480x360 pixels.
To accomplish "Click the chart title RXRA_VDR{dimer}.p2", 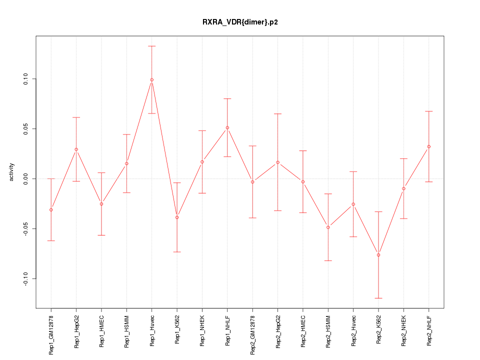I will (x=240, y=22).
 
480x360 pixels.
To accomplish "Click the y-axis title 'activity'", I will (x=12, y=172).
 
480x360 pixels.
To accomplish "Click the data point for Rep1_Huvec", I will (x=151, y=79).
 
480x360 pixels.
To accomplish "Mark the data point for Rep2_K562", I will (x=378, y=255).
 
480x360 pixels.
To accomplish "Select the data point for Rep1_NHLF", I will (x=227, y=127).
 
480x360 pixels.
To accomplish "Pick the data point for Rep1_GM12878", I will (x=51, y=209).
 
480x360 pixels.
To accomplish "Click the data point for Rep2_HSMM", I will (x=328, y=227).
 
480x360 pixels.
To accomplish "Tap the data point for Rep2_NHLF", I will (x=429, y=146).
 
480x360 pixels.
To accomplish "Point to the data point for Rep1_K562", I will (x=177, y=217).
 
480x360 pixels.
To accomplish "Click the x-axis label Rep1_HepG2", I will (x=76, y=331).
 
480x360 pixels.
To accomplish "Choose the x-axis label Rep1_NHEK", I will (x=202, y=331).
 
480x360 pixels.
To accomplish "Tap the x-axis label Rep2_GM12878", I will (x=253, y=334).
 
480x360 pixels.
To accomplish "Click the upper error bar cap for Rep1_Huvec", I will (x=151, y=46).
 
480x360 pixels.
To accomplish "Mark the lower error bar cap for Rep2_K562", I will (x=378, y=298).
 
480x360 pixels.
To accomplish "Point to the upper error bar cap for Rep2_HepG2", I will (x=278, y=114).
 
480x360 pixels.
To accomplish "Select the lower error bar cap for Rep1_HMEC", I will (x=101, y=235).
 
